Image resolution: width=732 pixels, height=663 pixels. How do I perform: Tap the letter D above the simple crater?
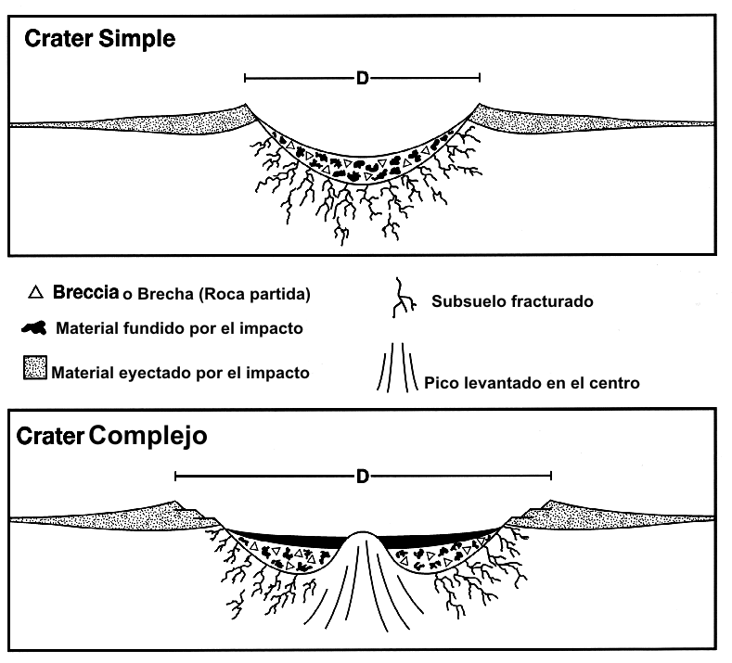click(x=363, y=79)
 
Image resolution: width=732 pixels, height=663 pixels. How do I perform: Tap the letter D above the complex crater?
click(x=363, y=477)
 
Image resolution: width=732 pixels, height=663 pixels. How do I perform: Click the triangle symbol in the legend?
click(x=36, y=294)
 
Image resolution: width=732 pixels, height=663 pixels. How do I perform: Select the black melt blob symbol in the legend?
click(x=35, y=327)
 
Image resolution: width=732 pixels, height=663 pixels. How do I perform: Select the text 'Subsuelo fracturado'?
click(x=500, y=301)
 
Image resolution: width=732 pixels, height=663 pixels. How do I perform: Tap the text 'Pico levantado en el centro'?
click(x=531, y=382)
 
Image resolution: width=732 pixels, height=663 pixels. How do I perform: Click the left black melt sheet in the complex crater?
click(x=288, y=537)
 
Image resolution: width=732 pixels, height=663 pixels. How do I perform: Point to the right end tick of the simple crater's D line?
click(x=480, y=79)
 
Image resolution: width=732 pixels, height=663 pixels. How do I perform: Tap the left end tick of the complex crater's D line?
click(x=175, y=477)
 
